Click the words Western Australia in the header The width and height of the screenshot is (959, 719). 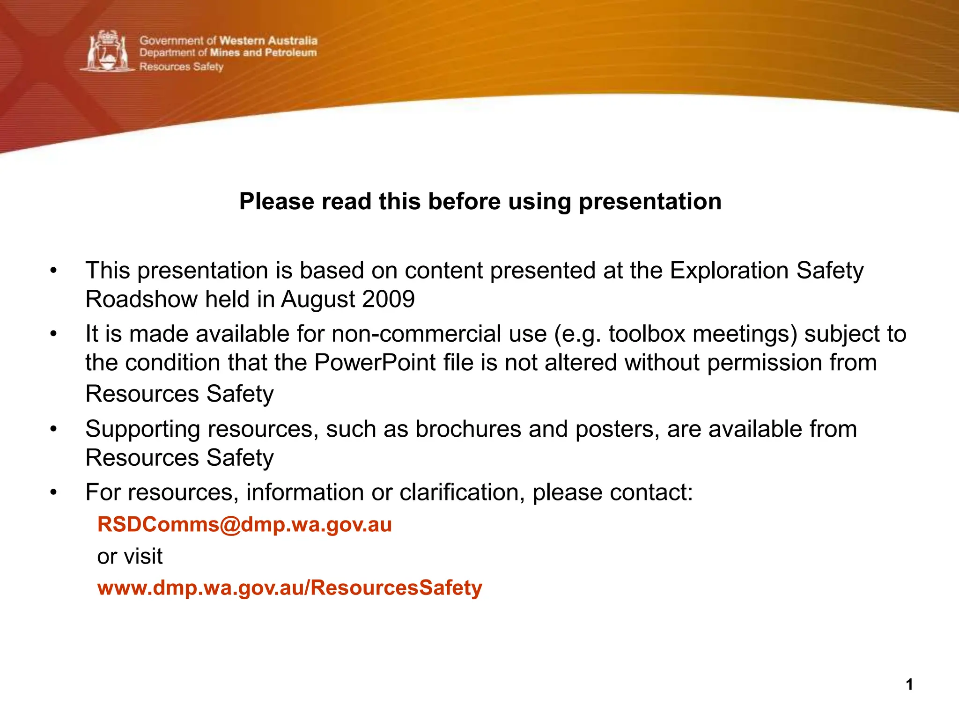point(268,41)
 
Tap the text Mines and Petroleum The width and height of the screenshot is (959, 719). point(263,52)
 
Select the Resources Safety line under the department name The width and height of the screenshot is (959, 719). point(181,66)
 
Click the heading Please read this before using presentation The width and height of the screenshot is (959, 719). point(480,202)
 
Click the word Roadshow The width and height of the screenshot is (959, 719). point(141,299)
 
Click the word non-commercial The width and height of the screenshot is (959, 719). point(439,334)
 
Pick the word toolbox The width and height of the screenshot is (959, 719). point(647,334)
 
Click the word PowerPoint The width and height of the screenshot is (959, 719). point(375,363)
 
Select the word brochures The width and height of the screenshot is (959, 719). point(468,429)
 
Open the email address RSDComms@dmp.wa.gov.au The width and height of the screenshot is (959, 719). point(244,525)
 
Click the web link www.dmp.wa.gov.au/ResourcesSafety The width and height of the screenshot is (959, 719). point(289,588)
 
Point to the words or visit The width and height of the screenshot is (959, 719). point(130,557)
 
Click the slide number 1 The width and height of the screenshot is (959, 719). point(909,685)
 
